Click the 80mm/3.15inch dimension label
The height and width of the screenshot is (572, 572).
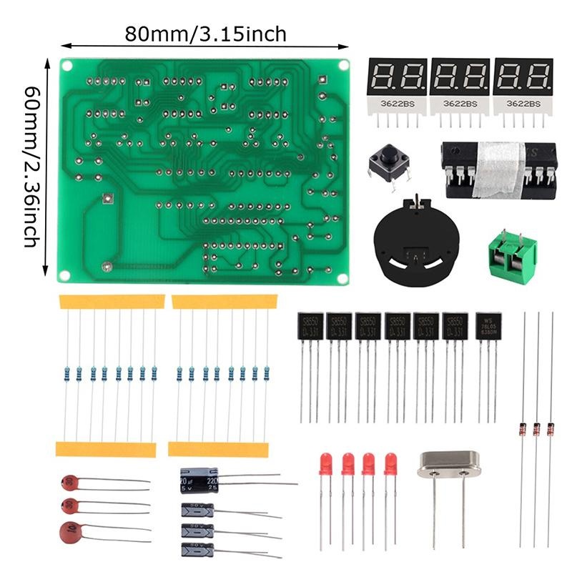205,34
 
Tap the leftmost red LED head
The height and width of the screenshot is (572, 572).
326,463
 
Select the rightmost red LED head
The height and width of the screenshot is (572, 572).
390,463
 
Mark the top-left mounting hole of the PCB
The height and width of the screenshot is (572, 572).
67,65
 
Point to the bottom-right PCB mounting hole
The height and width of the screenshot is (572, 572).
342,277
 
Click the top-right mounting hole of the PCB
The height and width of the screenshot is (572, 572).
343,65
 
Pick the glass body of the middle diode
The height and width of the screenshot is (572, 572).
536,429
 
